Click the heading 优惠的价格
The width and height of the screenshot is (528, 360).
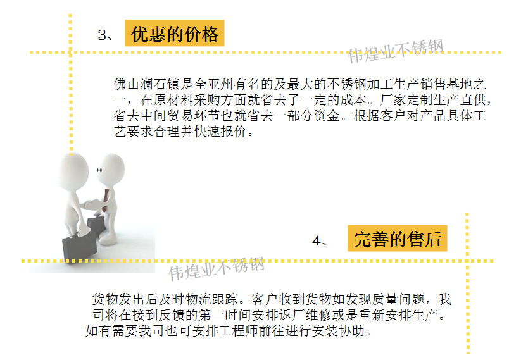pos(175,34)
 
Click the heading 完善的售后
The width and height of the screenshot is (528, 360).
pos(398,239)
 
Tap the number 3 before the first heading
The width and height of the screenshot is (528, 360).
pos(102,35)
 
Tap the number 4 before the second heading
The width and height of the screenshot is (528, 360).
pos(317,240)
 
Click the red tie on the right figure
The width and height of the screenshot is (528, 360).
pos(105,201)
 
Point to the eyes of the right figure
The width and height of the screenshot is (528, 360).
pos(99,170)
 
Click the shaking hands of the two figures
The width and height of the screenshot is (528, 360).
pos(92,204)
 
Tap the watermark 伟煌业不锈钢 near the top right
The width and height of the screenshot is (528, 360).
pos(396,51)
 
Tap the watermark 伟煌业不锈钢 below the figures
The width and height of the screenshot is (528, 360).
pos(217,268)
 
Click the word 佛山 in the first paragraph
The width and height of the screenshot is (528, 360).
pos(127,84)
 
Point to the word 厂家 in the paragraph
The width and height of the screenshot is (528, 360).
pos(393,99)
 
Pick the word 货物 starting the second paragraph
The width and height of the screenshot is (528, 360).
pos(105,299)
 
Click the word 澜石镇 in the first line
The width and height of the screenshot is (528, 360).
pos(160,84)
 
